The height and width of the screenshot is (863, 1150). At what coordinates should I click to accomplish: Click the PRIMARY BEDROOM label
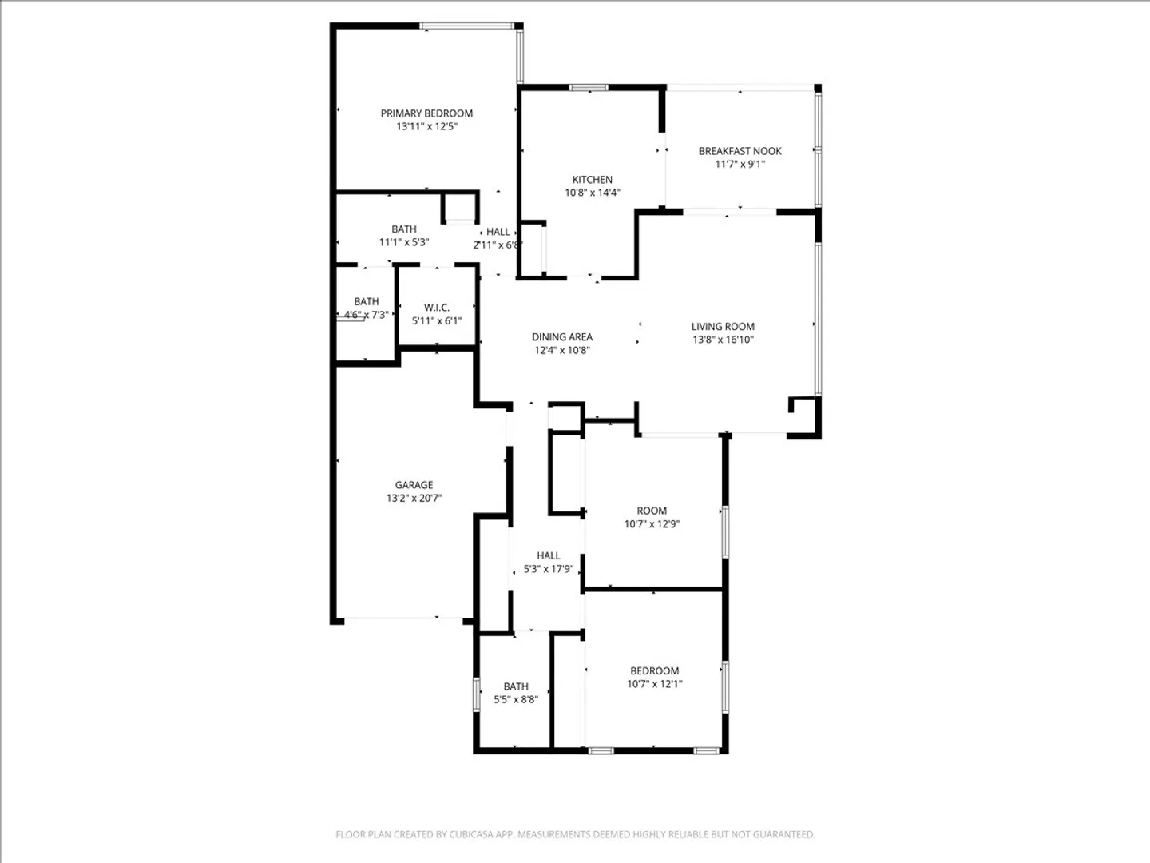[x=426, y=113]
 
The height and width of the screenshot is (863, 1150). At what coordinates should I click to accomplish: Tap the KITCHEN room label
[x=592, y=179]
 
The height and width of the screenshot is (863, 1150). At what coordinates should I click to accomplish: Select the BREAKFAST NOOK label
[x=740, y=151]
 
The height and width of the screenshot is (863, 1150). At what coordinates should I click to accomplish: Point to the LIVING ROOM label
[x=723, y=327]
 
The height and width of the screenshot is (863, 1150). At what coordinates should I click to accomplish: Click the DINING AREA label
[x=562, y=337]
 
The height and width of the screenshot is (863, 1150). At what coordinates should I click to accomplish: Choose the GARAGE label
[x=414, y=485]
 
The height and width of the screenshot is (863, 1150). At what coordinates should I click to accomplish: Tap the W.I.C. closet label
[x=436, y=308]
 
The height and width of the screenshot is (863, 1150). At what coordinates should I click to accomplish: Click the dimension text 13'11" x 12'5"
[x=427, y=126]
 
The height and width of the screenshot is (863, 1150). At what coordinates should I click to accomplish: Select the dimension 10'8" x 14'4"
[x=593, y=193]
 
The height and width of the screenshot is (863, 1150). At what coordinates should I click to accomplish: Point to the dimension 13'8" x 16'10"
[x=723, y=340]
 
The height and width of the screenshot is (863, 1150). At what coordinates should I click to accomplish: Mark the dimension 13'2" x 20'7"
[x=414, y=498]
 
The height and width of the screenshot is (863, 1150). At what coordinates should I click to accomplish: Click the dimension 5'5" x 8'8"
[x=516, y=699]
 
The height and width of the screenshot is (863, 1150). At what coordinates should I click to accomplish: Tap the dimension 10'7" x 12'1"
[x=655, y=683]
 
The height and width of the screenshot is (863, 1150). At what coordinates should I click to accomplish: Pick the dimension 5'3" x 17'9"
[x=549, y=568]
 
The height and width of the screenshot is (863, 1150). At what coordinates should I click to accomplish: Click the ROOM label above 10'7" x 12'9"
[x=652, y=511]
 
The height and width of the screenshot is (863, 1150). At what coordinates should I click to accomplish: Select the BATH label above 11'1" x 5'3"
[x=404, y=229]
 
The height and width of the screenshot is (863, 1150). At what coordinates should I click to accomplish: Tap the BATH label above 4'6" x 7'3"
[x=367, y=301]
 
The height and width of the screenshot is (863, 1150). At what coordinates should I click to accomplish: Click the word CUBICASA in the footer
[x=471, y=834]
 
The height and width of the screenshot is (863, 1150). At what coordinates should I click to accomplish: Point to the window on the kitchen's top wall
[x=589, y=87]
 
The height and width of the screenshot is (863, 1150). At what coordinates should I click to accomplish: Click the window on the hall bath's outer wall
[x=476, y=694]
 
